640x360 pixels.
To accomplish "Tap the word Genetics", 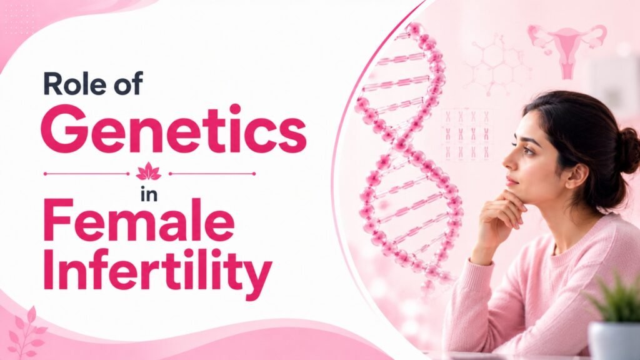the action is (x=174, y=129).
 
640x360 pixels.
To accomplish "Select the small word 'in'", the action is (x=149, y=194).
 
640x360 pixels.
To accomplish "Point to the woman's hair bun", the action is (x=627, y=149).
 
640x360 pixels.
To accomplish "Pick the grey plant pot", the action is (x=614, y=341).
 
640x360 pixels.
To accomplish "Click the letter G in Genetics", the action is (x=62, y=129).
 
